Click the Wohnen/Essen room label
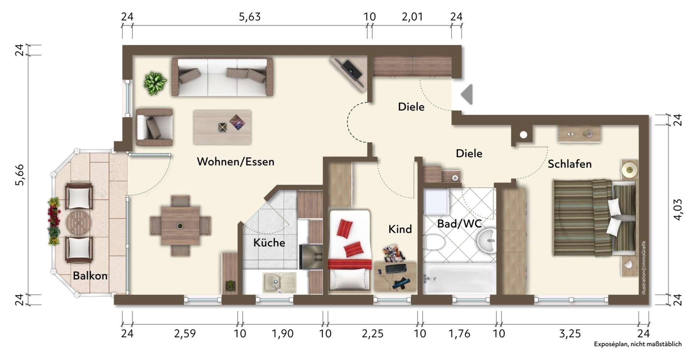pyautogui.click(x=235, y=161)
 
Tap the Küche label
pyautogui.click(x=269, y=242)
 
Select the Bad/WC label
pyautogui.click(x=459, y=224)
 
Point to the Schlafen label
pyautogui.click(x=570, y=164)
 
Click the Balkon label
pyautogui.click(x=90, y=276)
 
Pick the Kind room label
pyautogui.click(x=400, y=229)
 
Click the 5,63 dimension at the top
pyautogui.click(x=250, y=17)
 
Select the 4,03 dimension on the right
pyautogui.click(x=678, y=210)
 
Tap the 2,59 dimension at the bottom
pyautogui.click(x=185, y=333)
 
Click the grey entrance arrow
pyautogui.click(x=467, y=94)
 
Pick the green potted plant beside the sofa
pyautogui.click(x=155, y=83)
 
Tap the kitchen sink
pyautogui.click(x=279, y=282)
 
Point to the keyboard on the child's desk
pyautogui.click(x=396, y=269)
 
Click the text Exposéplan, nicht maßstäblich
pyautogui.click(x=638, y=344)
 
